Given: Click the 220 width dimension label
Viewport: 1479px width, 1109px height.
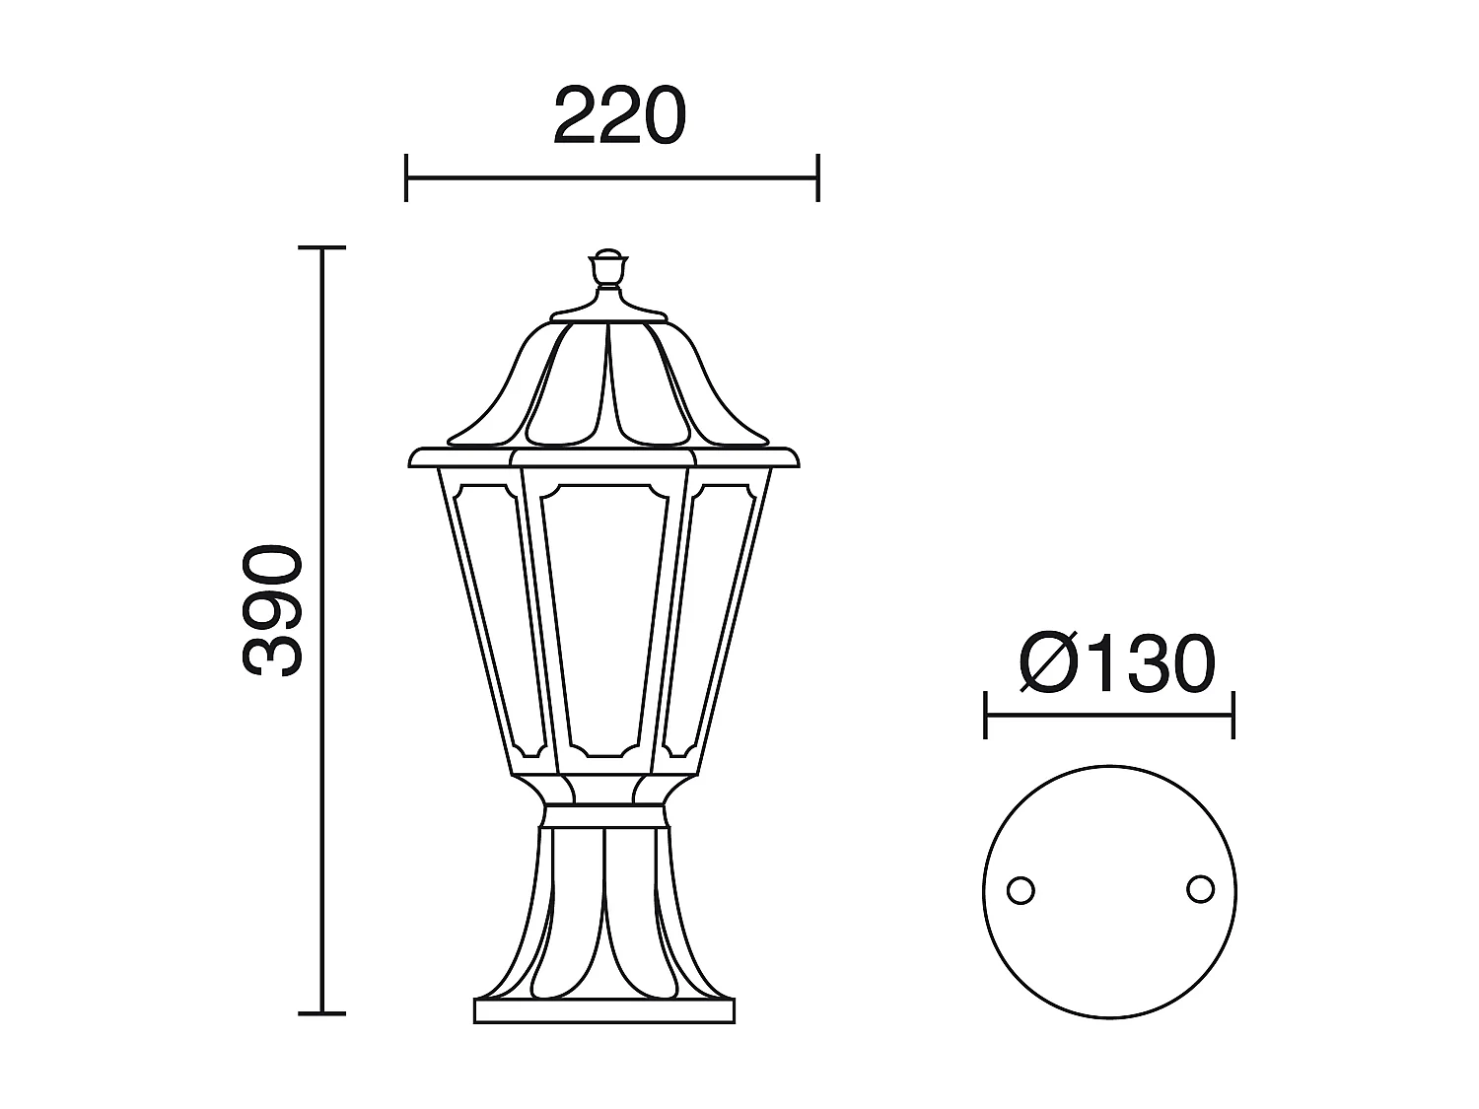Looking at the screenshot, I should click(618, 117).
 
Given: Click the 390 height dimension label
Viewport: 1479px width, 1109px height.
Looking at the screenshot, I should click(273, 611).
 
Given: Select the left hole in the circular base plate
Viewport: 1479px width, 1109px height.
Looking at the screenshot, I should click(1021, 890).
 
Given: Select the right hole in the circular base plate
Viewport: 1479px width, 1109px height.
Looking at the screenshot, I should click(1200, 889).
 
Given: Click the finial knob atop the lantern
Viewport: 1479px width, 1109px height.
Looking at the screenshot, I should click(608, 266).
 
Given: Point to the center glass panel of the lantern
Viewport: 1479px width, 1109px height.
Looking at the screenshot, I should click(603, 621).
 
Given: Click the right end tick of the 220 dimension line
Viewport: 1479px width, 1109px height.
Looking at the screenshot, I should click(817, 178).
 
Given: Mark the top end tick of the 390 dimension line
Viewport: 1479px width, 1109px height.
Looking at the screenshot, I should click(321, 248).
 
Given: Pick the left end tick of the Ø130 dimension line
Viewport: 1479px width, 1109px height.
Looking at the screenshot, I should click(986, 715).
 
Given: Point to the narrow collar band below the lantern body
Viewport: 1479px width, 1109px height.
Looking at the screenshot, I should click(603, 815).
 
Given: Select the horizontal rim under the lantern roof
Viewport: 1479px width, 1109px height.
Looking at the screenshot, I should click(603, 458).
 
